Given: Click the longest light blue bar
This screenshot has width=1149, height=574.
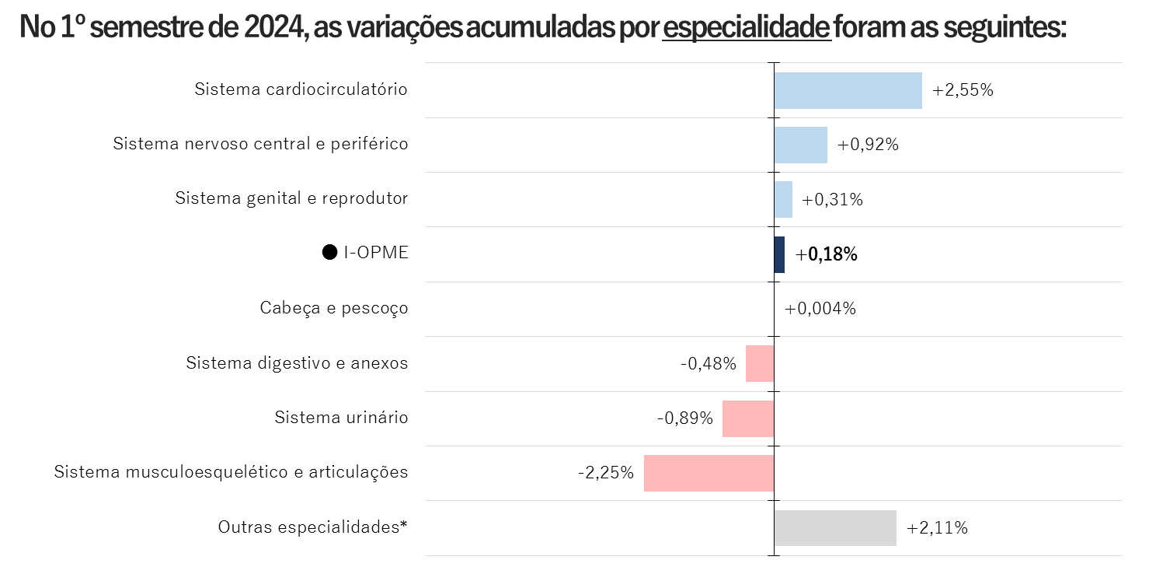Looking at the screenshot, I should pos(848,90).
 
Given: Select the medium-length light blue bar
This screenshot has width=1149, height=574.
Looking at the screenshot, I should pos(800,145).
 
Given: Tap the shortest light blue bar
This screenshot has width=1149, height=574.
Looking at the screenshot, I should pos(783,199).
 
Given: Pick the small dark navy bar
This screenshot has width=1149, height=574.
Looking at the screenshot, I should pos(779,254).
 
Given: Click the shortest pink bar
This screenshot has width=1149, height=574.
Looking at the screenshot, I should pos(760,363).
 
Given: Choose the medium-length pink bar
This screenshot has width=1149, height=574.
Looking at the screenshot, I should pos(748,418).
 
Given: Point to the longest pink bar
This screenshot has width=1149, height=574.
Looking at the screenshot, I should pos(709,473).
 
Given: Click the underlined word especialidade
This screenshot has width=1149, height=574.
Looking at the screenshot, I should pos(747,29).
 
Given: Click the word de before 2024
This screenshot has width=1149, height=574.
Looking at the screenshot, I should pos(221,29).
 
